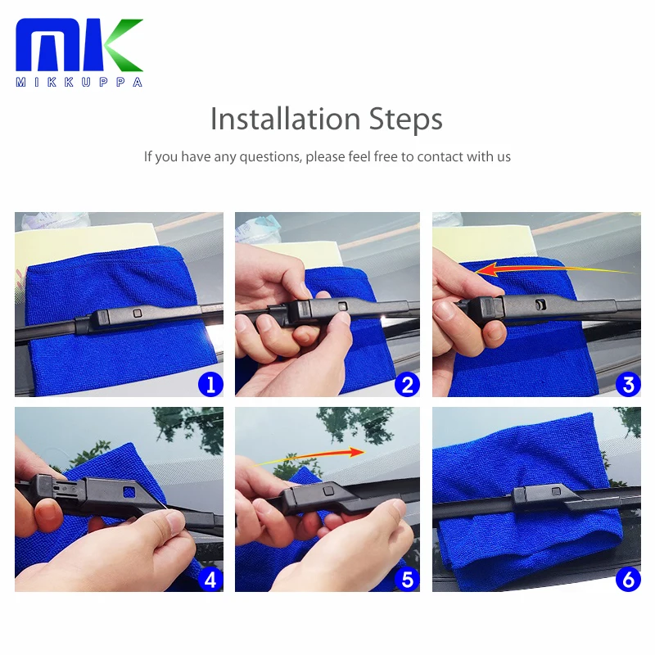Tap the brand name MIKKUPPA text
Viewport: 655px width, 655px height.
pos(79,82)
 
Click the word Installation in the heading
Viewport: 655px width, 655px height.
pos(285,119)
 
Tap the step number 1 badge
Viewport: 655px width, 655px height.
pos(210,384)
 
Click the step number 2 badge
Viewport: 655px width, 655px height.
pos(407,384)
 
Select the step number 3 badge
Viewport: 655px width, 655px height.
pos(628,384)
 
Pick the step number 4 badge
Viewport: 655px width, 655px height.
pos(210,580)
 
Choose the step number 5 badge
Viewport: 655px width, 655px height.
pos(407,580)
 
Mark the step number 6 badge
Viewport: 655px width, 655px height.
pos(628,580)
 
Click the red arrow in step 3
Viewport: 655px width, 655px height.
pos(551,269)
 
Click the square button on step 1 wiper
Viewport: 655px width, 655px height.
pos(138,313)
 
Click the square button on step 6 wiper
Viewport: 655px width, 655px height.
pos(556,491)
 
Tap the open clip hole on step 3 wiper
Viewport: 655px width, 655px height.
pos(540,305)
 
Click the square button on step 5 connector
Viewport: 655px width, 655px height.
pos(329,490)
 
